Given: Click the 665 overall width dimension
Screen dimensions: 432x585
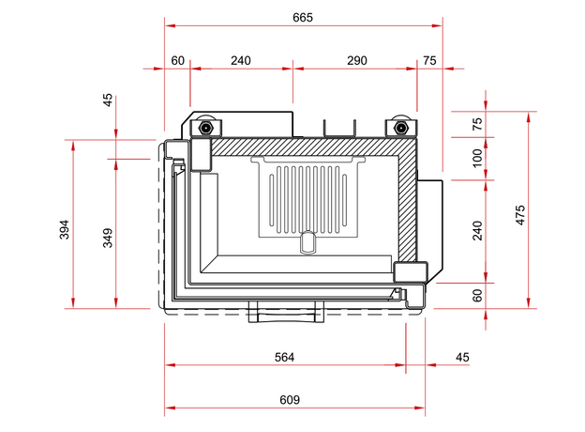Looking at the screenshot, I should pos(302,17).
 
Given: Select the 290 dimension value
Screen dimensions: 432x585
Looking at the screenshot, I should pos(356,60).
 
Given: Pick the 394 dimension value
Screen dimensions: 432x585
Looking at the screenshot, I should pos(65,229).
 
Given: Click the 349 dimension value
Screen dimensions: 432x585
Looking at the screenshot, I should pos(108,237).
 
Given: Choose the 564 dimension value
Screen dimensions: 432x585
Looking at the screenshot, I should pos(284,357).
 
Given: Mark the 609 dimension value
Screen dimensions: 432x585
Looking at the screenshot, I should pos(290,400).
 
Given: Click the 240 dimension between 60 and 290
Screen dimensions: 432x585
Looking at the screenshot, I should pos(241,60).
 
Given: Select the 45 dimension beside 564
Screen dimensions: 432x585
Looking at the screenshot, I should pos(462,357).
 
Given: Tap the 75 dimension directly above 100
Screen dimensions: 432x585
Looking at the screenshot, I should pos(477,123).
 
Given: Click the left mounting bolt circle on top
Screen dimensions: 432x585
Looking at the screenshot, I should pos(204,127).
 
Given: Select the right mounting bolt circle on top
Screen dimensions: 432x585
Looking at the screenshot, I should pos(400,127).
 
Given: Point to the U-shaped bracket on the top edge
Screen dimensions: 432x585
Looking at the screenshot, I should pos(338,128).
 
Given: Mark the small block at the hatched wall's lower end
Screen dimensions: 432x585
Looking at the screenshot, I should pos(411,272).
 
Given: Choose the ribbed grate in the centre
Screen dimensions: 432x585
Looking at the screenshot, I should pos(307,197).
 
